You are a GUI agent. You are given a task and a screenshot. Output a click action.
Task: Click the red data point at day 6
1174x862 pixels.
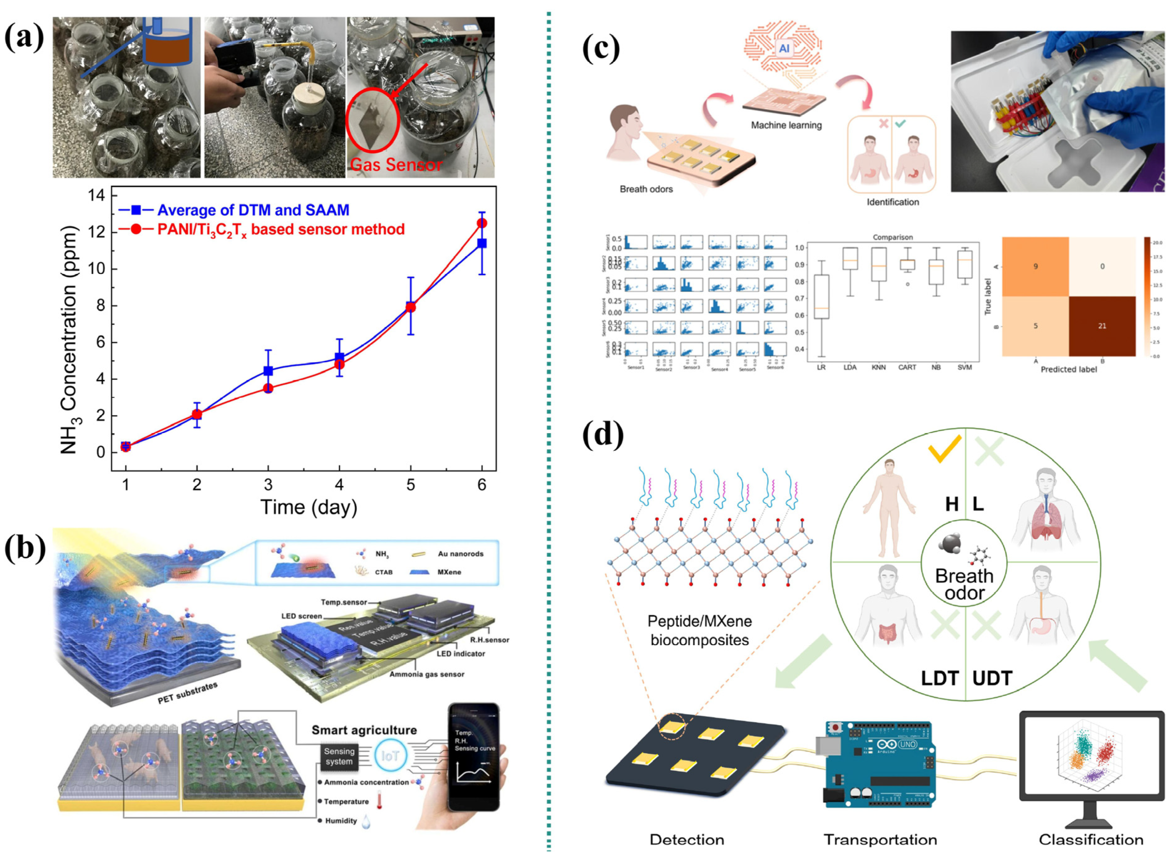coord(481,223)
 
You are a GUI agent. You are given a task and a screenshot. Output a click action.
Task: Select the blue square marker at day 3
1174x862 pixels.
coord(268,371)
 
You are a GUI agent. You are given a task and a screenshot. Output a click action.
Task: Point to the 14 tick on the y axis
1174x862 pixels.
coord(97,196)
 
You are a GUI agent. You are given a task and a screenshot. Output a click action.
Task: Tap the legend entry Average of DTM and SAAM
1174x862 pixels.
coord(253,210)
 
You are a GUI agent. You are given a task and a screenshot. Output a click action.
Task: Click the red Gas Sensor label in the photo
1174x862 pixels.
coord(396,165)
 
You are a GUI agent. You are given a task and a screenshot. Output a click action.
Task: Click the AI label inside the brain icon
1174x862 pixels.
coord(784,48)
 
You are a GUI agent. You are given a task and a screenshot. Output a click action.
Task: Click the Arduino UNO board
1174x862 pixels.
coord(880,765)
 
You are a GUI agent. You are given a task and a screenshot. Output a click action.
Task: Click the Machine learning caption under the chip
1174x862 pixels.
coord(786,125)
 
